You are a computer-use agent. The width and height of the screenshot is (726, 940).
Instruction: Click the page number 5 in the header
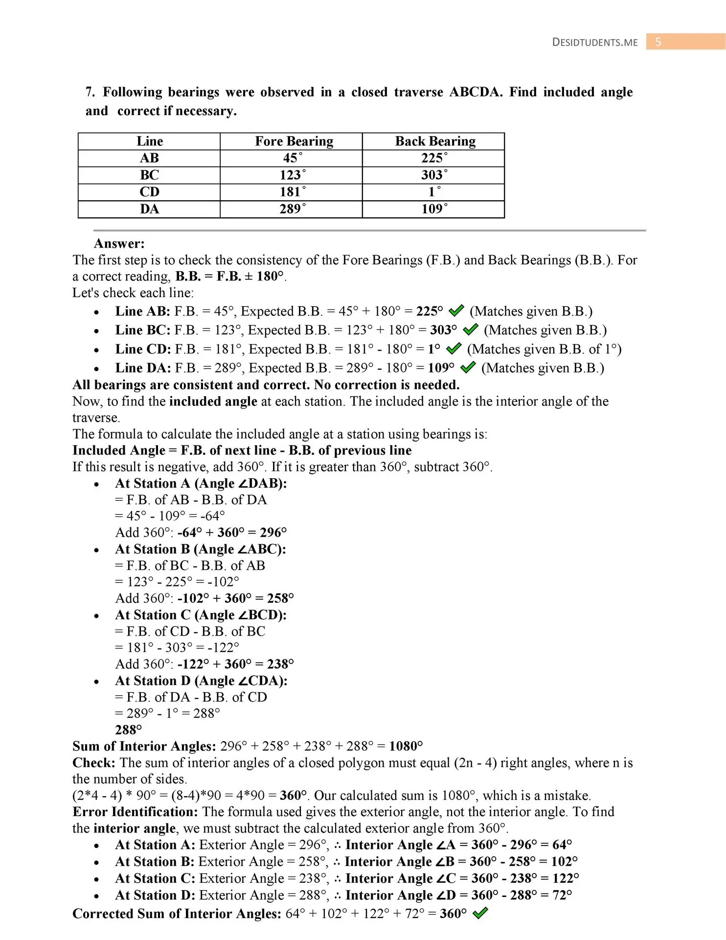[658, 42]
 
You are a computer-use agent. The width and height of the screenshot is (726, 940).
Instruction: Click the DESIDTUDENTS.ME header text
[595, 42]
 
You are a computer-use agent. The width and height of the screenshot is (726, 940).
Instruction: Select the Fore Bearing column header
[294, 141]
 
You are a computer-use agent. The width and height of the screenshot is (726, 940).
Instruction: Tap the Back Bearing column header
[435, 141]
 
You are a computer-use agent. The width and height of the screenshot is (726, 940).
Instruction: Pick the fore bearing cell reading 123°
[292, 175]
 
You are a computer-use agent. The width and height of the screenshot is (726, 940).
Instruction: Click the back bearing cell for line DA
[434, 209]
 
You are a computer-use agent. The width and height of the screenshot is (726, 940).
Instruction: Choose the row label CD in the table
[149, 192]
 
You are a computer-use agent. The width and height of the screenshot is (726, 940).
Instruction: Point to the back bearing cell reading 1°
[434, 192]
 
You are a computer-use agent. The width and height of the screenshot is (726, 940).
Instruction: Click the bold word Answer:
[119, 243]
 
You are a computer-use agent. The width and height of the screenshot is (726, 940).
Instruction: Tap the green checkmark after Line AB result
[456, 311]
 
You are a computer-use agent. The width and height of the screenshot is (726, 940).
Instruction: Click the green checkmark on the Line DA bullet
[468, 367]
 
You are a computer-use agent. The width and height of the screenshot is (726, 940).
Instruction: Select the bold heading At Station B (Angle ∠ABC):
[201, 549]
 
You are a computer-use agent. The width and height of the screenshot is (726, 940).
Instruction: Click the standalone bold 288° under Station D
[128, 730]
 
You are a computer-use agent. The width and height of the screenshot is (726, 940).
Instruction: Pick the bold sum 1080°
[406, 746]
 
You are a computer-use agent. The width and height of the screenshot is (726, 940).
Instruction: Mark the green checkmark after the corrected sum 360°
[480, 913]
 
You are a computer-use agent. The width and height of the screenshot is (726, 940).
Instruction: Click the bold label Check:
[94, 763]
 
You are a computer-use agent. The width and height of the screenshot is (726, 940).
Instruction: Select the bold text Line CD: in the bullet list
[143, 349]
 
